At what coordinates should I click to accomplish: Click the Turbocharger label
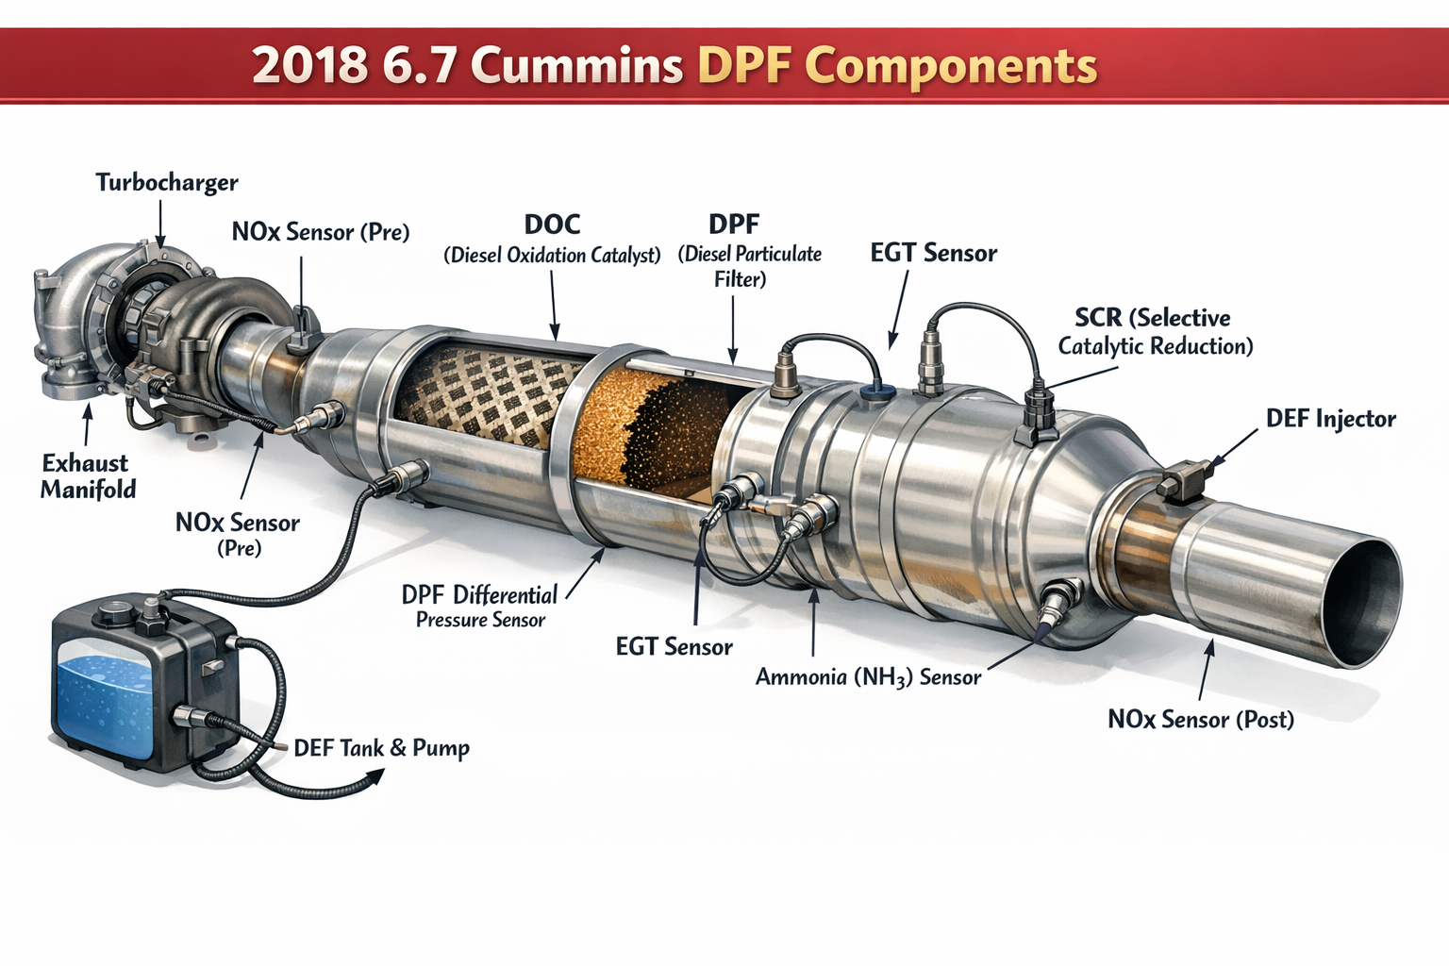point(167,182)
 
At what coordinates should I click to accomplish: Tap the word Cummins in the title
point(576,66)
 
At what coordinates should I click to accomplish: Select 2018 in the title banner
point(309,66)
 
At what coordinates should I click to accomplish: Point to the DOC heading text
point(552,225)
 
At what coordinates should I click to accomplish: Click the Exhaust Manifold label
point(88,475)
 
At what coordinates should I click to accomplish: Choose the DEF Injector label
point(1330,419)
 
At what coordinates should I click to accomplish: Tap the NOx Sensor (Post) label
point(1200,720)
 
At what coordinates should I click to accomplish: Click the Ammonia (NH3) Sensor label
point(868,677)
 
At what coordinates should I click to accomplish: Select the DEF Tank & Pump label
point(381,748)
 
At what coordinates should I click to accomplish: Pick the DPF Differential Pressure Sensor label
point(480,607)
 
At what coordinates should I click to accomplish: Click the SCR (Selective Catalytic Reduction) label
point(1155,332)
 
